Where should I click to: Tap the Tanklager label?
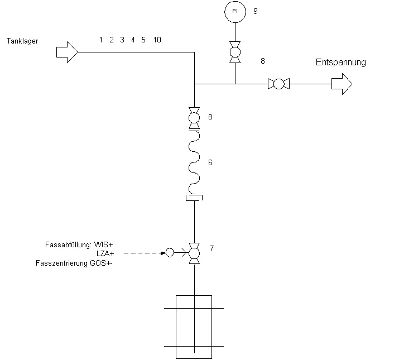pyautogui.click(x=22, y=41)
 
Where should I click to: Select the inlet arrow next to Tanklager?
pyautogui.click(x=67, y=52)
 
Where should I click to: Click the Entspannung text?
pyautogui.click(x=341, y=63)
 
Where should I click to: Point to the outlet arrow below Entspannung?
pyautogui.click(x=342, y=84)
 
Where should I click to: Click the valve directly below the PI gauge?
pyautogui.click(x=235, y=52)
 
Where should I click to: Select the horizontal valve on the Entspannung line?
pyautogui.click(x=278, y=84)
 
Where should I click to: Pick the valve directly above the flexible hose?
pyautogui.click(x=194, y=118)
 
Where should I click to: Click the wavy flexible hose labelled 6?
pyautogui.click(x=194, y=162)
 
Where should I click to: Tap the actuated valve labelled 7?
pyautogui.click(x=194, y=253)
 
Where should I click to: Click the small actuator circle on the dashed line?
pyautogui.click(x=170, y=253)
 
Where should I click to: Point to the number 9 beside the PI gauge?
pyautogui.click(x=256, y=11)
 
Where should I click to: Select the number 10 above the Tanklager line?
pyautogui.click(x=157, y=40)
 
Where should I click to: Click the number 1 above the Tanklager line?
pyautogui.click(x=101, y=40)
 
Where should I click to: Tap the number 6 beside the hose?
pyautogui.click(x=210, y=162)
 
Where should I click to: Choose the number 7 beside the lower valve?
pyautogui.click(x=211, y=248)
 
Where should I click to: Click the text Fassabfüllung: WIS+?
pyautogui.click(x=79, y=244)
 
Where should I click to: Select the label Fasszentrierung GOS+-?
pyautogui.click(x=74, y=263)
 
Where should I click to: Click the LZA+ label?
pyautogui.click(x=105, y=253)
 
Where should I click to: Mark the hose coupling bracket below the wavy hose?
pyautogui.click(x=194, y=198)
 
